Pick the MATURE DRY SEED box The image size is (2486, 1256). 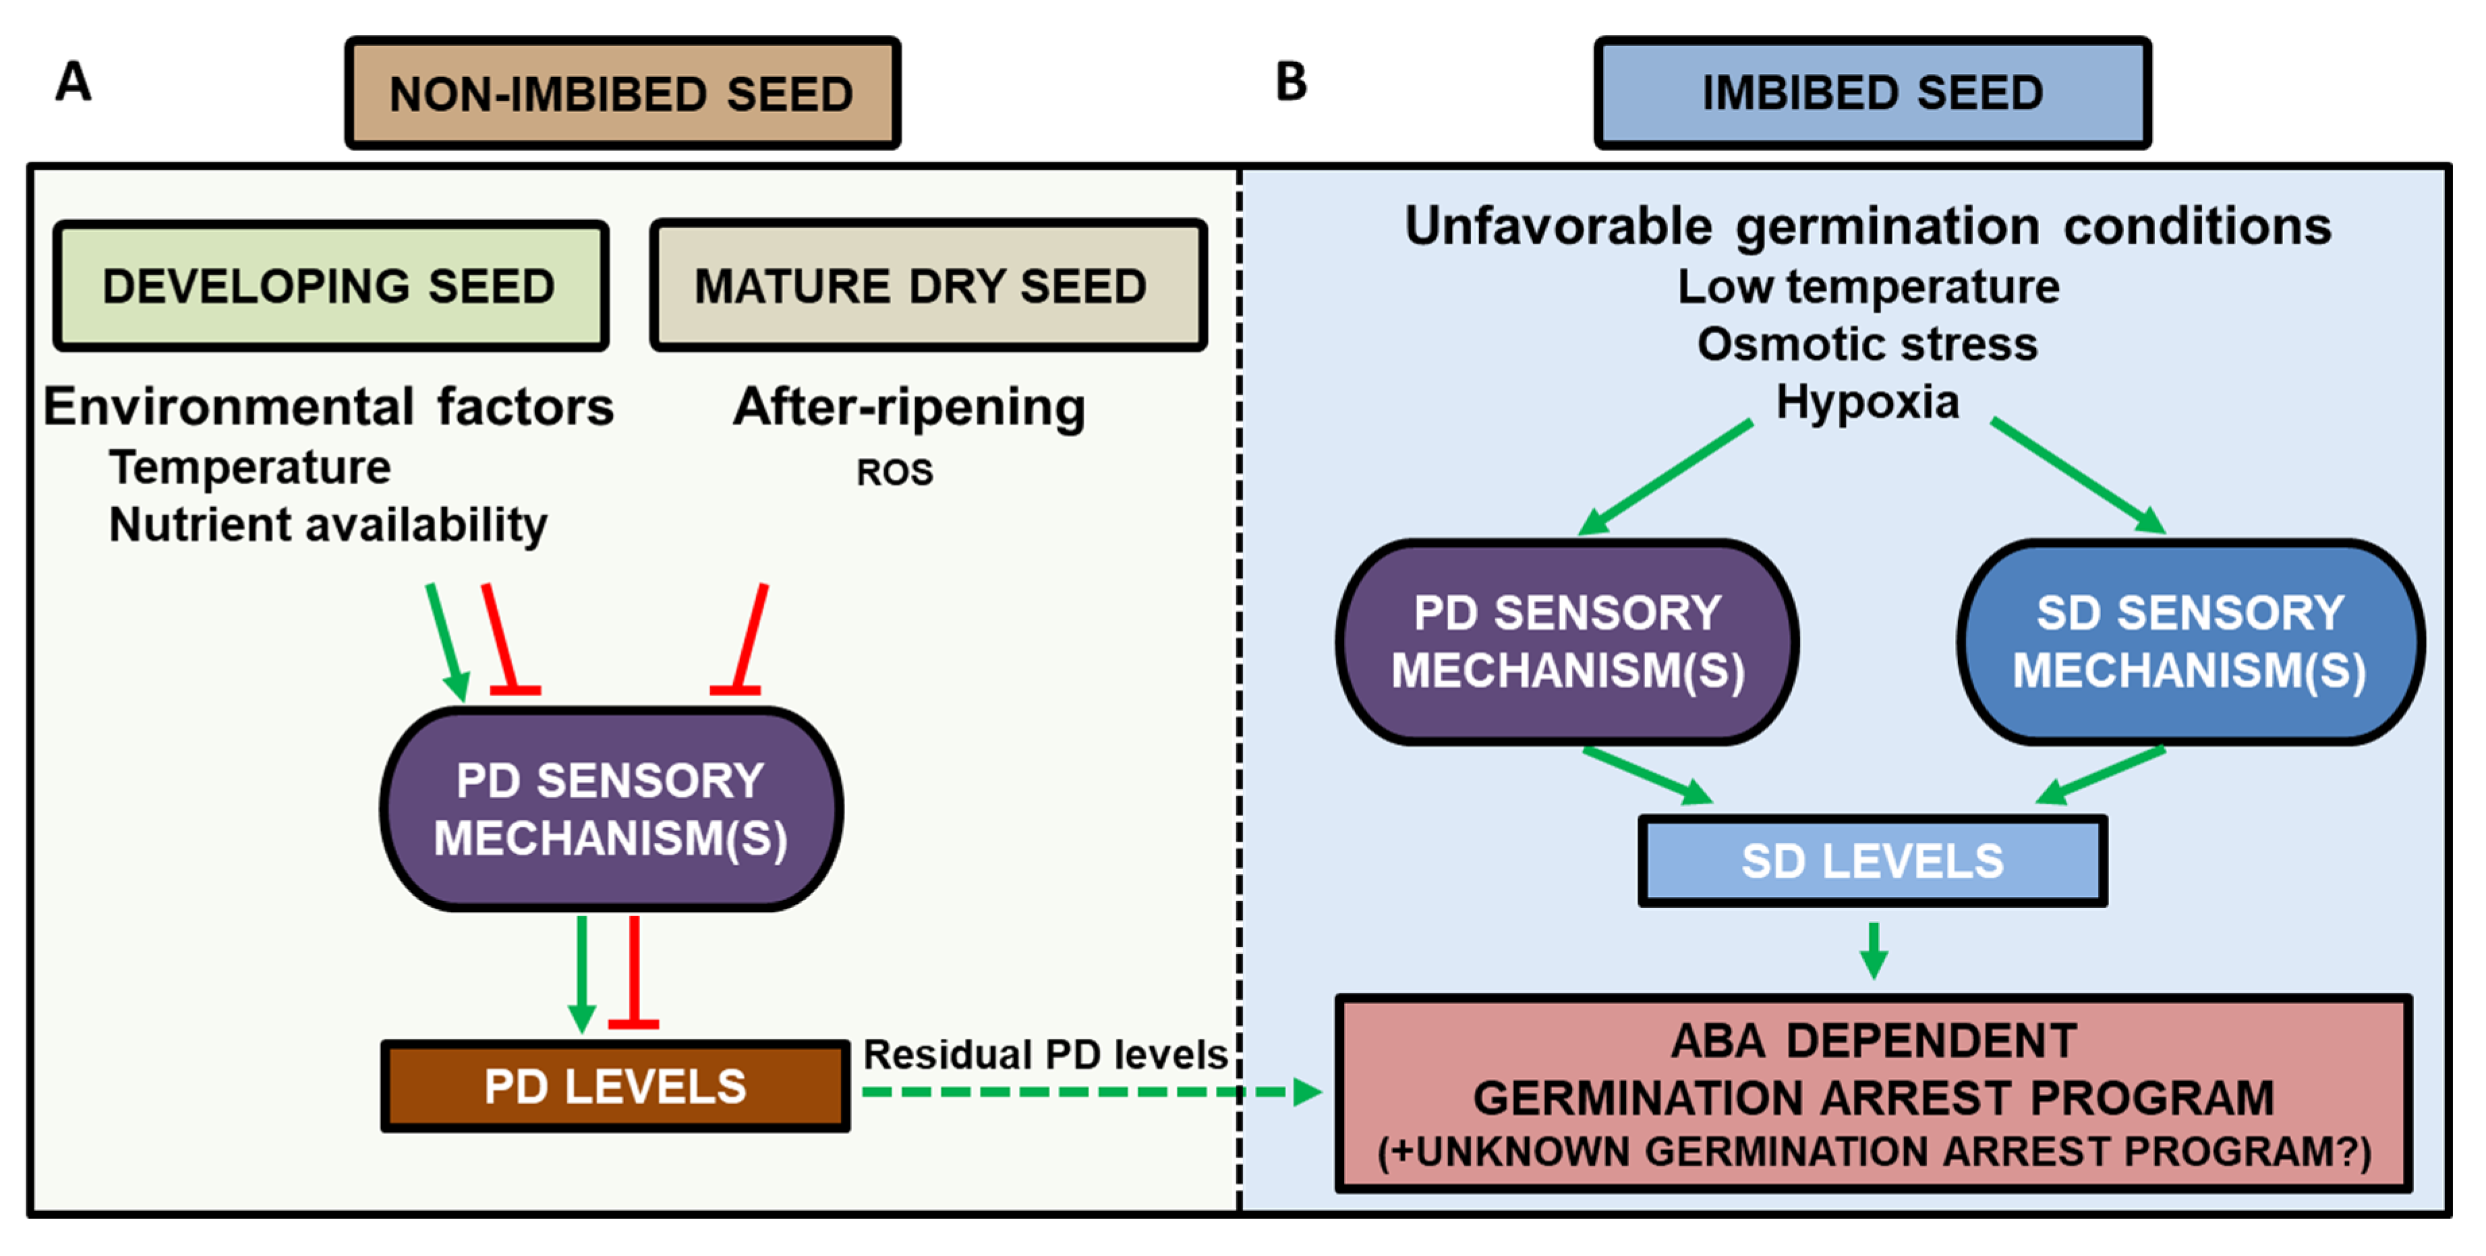[929, 286]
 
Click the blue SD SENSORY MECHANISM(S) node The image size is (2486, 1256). [2191, 642]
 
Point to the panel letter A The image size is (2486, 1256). [74, 81]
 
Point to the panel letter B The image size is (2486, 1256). [1292, 81]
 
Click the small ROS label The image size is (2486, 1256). [894, 472]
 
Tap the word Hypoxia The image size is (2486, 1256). [1868, 401]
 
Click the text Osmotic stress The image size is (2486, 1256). [1868, 344]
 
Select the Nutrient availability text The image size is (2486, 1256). [328, 525]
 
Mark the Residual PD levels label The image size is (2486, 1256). [1045, 1054]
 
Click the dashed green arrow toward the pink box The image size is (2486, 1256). [1091, 1092]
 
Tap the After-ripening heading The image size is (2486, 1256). [909, 407]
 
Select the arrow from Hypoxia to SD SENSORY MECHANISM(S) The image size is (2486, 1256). [2079, 476]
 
